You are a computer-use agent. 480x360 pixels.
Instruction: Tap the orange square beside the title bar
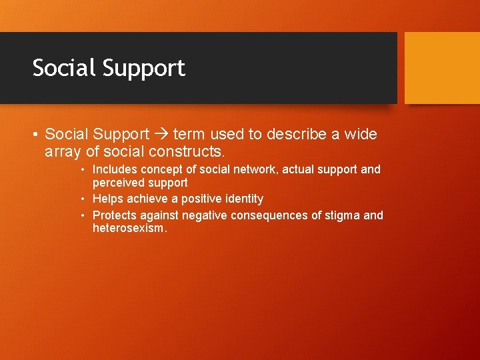(442, 68)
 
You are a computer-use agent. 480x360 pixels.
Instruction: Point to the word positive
(194, 199)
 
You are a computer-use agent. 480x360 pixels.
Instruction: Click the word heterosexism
(129, 229)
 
